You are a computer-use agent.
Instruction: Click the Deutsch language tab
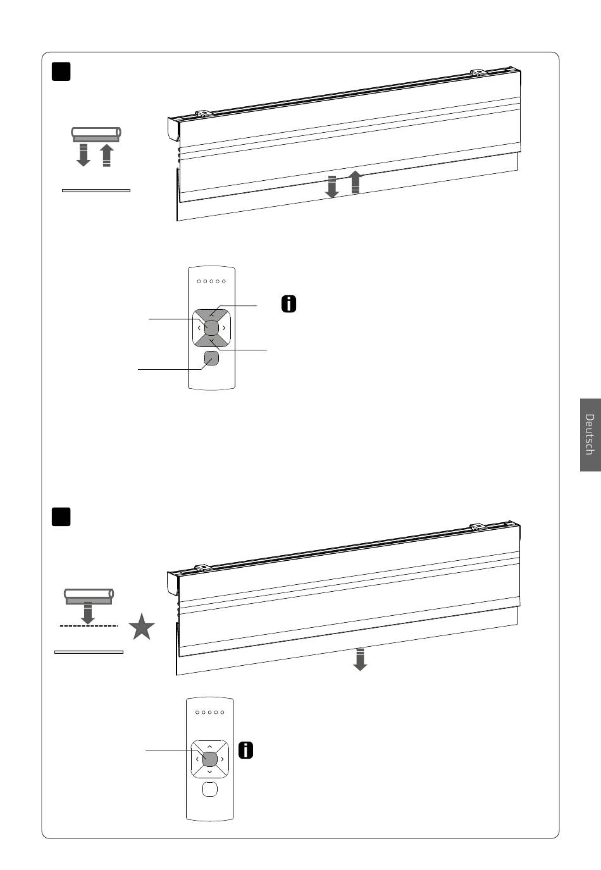(x=590, y=434)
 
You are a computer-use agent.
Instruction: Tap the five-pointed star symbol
(x=142, y=627)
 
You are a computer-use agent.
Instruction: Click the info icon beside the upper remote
(x=288, y=303)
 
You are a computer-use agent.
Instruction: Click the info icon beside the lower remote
(x=245, y=750)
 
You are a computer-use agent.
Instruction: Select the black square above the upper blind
(x=61, y=71)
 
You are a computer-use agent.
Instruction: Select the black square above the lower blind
(x=61, y=517)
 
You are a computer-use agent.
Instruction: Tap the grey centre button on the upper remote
(x=212, y=328)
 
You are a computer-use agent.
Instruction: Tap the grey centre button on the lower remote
(x=210, y=759)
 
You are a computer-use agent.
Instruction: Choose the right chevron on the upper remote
(x=225, y=328)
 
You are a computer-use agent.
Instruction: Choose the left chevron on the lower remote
(x=197, y=759)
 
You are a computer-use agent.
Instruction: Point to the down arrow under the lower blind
(x=360, y=659)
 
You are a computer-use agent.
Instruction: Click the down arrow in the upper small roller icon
(x=83, y=155)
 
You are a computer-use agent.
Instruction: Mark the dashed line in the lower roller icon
(x=89, y=626)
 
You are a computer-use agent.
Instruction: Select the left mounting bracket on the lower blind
(x=203, y=568)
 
